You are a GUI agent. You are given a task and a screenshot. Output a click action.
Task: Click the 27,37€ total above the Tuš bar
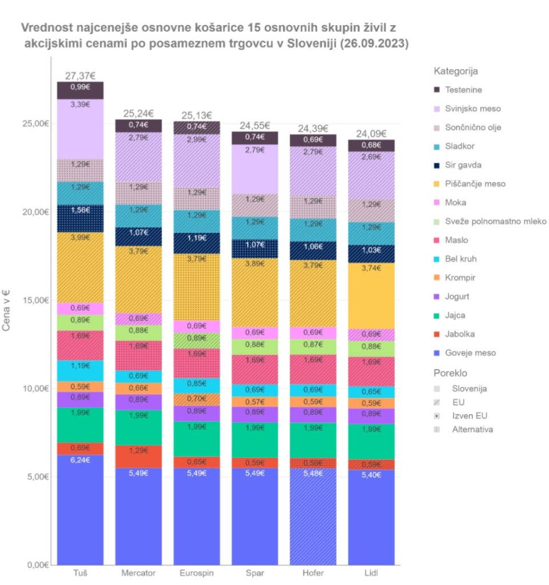pos(80,76)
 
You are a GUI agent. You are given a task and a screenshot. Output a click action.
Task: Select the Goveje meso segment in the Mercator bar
pos(138,514)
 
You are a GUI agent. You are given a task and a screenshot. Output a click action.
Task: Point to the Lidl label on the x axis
pos(371,573)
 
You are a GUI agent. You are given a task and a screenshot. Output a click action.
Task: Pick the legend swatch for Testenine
pos(437,90)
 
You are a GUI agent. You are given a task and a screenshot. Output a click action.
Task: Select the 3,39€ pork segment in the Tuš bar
pos(80,129)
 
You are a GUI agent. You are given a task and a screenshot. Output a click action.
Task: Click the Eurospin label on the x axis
pos(196,573)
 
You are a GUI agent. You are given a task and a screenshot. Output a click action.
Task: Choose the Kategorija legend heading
pos(456,71)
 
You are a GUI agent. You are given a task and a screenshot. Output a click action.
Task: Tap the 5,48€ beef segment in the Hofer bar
pos(312,514)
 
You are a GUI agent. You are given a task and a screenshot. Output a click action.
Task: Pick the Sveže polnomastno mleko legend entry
pos(495,222)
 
